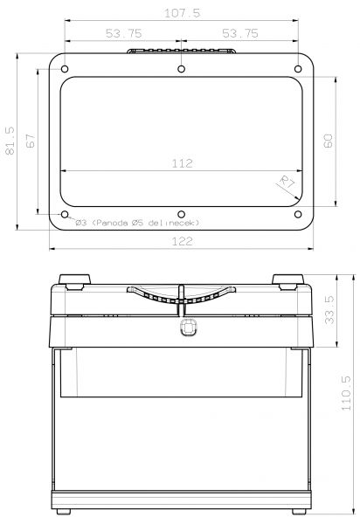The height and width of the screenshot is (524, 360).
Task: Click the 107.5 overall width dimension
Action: (181, 13)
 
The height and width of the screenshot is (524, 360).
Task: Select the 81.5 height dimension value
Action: (10, 141)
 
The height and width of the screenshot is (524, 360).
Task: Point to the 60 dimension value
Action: (328, 141)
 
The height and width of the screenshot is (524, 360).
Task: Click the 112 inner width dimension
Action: (182, 162)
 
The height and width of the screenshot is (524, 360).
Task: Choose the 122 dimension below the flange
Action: (181, 242)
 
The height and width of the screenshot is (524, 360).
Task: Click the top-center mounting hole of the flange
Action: (180, 68)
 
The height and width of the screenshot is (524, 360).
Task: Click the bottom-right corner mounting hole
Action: (297, 214)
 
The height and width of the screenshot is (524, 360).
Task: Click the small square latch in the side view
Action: (185, 327)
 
